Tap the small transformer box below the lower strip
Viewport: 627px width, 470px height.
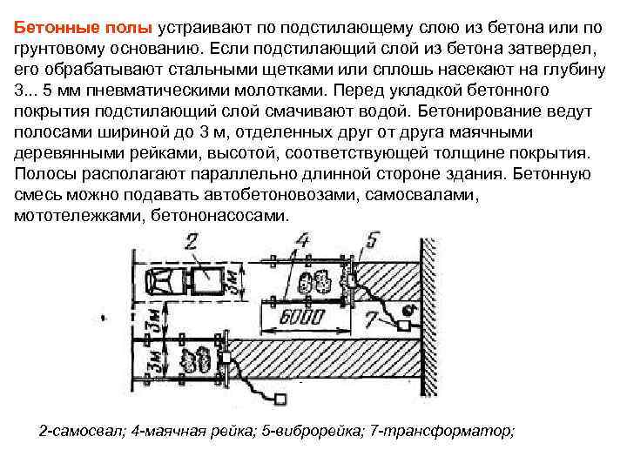click(280, 399)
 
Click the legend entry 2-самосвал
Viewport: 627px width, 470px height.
click(82, 432)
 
